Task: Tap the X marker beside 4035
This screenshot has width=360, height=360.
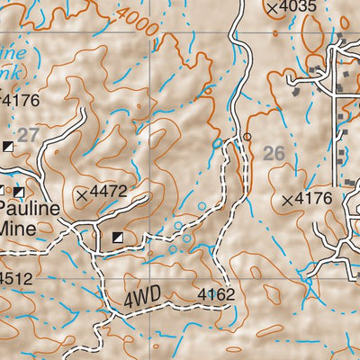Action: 273,8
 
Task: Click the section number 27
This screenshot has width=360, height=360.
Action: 29,134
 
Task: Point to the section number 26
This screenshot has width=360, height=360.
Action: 274,154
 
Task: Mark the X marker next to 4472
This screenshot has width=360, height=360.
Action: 83,193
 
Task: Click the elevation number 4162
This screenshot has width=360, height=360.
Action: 215,293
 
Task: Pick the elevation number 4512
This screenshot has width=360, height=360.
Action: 16,278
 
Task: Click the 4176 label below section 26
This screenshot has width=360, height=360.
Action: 315,199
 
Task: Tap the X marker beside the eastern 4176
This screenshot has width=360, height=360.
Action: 287,200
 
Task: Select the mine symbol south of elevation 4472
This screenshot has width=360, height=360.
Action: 117,238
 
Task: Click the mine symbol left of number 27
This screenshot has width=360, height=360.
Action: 9,146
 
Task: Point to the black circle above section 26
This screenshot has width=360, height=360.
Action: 247,138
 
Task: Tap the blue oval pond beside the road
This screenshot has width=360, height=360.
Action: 216,142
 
